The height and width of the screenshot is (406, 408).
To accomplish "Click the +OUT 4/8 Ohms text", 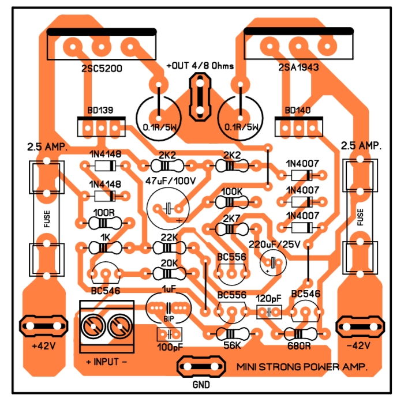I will pyautogui.click(x=200, y=66).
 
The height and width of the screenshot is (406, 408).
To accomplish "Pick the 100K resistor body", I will pyautogui.click(x=231, y=202).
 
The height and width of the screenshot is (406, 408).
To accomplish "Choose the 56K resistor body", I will pyautogui.click(x=231, y=334).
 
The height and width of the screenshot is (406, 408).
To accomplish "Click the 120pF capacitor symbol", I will pyautogui.click(x=268, y=313).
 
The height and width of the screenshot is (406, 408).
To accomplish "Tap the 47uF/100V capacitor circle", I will pyautogui.click(x=168, y=208).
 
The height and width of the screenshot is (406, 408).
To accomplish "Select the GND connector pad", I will pyautogui.click(x=200, y=366).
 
